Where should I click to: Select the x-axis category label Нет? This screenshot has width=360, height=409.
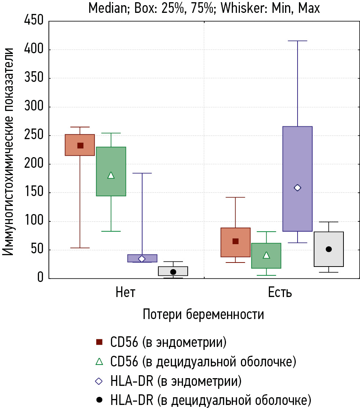pos(125,293)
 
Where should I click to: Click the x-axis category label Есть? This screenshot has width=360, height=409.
pos(280,293)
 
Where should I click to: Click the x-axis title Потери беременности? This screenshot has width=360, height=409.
pos(203,315)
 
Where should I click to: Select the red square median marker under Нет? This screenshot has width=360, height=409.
pos(80,145)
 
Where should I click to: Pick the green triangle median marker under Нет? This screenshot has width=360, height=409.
pos(111,175)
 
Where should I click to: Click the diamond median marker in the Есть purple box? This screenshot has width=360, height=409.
pos(298,188)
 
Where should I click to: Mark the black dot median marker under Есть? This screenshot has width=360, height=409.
pos(329,249)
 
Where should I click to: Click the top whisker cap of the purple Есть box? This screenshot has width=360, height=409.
pos(298,41)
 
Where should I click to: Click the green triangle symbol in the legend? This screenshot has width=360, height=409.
pos(99,362)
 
